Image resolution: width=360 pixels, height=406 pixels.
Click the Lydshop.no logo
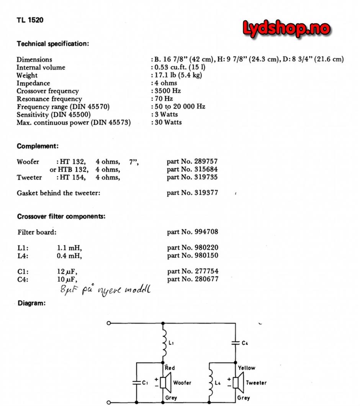click(286, 29)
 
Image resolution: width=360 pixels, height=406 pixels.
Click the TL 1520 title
click(30, 20)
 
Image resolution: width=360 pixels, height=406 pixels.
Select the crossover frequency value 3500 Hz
click(167, 91)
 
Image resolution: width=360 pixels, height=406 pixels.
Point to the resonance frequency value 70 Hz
click(164, 99)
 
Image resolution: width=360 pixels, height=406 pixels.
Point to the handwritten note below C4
click(105, 290)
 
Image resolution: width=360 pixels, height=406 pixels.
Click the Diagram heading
click(31, 303)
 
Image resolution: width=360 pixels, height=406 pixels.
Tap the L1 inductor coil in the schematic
click(165, 343)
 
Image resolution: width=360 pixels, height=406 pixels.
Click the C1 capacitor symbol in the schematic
click(136, 382)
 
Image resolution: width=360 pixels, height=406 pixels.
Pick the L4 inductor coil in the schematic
click(209, 382)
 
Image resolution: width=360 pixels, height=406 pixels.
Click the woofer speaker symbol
click(165, 382)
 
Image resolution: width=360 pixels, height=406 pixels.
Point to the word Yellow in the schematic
click(246, 368)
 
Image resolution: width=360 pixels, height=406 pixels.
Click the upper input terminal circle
click(109, 323)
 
